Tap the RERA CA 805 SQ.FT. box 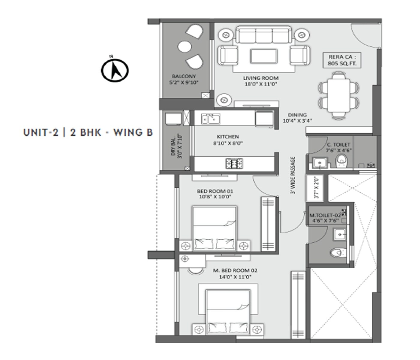[x=342, y=60]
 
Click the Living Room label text [x=261, y=81]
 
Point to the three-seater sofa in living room [x=263, y=35]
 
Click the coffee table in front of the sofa [x=264, y=56]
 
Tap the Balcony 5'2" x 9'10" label [x=184, y=79]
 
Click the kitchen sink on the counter [x=210, y=119]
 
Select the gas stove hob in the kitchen [x=234, y=163]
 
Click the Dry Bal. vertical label [x=176, y=146]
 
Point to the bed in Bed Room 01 [x=214, y=228]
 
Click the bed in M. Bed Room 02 [x=228, y=312]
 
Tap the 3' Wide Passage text [x=293, y=175]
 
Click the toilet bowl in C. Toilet [x=341, y=161]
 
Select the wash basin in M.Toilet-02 [x=340, y=234]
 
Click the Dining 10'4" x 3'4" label [x=297, y=118]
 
